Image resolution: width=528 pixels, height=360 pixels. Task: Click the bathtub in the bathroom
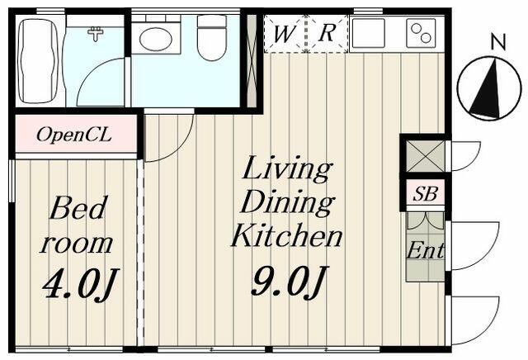[x=37, y=61]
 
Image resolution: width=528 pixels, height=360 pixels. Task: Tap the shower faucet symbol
[x=96, y=34]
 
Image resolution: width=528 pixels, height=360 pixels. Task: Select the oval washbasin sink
[x=156, y=39]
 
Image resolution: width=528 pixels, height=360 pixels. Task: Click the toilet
[x=211, y=38]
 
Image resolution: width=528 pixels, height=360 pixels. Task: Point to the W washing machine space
[x=285, y=34]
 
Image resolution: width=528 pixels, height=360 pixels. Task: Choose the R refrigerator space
[x=328, y=34]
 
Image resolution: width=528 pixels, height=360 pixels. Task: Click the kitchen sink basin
[x=369, y=33]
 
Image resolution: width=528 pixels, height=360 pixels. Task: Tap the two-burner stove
[x=421, y=33]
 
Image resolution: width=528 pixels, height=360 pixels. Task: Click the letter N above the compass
[x=498, y=42]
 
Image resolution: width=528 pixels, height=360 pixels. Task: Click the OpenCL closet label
[x=73, y=135]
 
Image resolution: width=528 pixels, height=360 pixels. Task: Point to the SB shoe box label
[x=426, y=194]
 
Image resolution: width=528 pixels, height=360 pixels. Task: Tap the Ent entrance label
[x=426, y=250]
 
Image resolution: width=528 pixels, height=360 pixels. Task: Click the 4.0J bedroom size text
[x=81, y=283]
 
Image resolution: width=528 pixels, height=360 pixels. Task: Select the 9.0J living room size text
[x=290, y=281]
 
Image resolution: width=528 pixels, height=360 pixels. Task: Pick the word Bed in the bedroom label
[x=78, y=208]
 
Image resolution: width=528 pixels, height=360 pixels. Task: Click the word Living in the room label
[x=286, y=169]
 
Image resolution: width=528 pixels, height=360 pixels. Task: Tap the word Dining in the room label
[x=287, y=202]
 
